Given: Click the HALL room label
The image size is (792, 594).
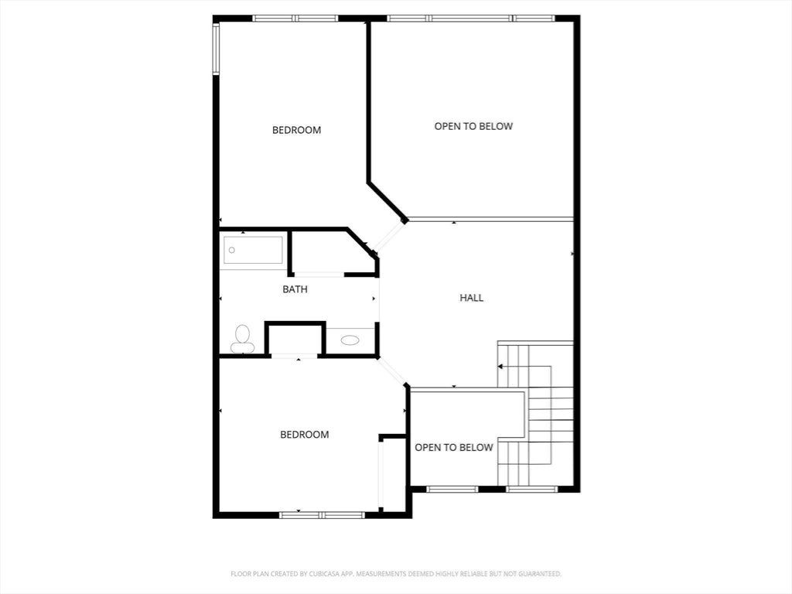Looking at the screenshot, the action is click(x=471, y=298).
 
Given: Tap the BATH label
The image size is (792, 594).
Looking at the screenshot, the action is click(x=295, y=289).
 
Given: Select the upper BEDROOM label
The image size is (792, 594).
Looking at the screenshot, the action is click(x=296, y=130).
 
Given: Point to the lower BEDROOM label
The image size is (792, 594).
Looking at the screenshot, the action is click(x=305, y=435).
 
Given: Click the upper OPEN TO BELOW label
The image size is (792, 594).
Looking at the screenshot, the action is click(x=473, y=126).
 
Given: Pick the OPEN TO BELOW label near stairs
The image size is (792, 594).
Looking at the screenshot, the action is click(x=453, y=448).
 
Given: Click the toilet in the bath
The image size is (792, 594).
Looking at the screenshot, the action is click(x=242, y=340).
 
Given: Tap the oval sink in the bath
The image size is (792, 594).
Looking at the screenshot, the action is click(x=350, y=340).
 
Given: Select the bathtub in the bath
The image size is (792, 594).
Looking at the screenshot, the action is click(x=253, y=250).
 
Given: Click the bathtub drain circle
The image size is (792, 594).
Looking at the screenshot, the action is click(x=232, y=250).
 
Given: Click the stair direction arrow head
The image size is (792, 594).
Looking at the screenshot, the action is click(x=500, y=366).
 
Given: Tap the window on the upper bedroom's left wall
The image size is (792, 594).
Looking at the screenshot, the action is click(x=216, y=49).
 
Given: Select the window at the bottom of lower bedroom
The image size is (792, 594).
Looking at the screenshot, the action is click(x=322, y=515).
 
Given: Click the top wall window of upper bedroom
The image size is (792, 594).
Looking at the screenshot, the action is click(x=295, y=19).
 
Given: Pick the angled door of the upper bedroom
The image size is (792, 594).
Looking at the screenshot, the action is click(x=391, y=237).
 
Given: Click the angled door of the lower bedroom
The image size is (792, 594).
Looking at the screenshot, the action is click(x=391, y=372).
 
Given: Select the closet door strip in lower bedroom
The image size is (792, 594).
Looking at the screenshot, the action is click(x=381, y=474).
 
